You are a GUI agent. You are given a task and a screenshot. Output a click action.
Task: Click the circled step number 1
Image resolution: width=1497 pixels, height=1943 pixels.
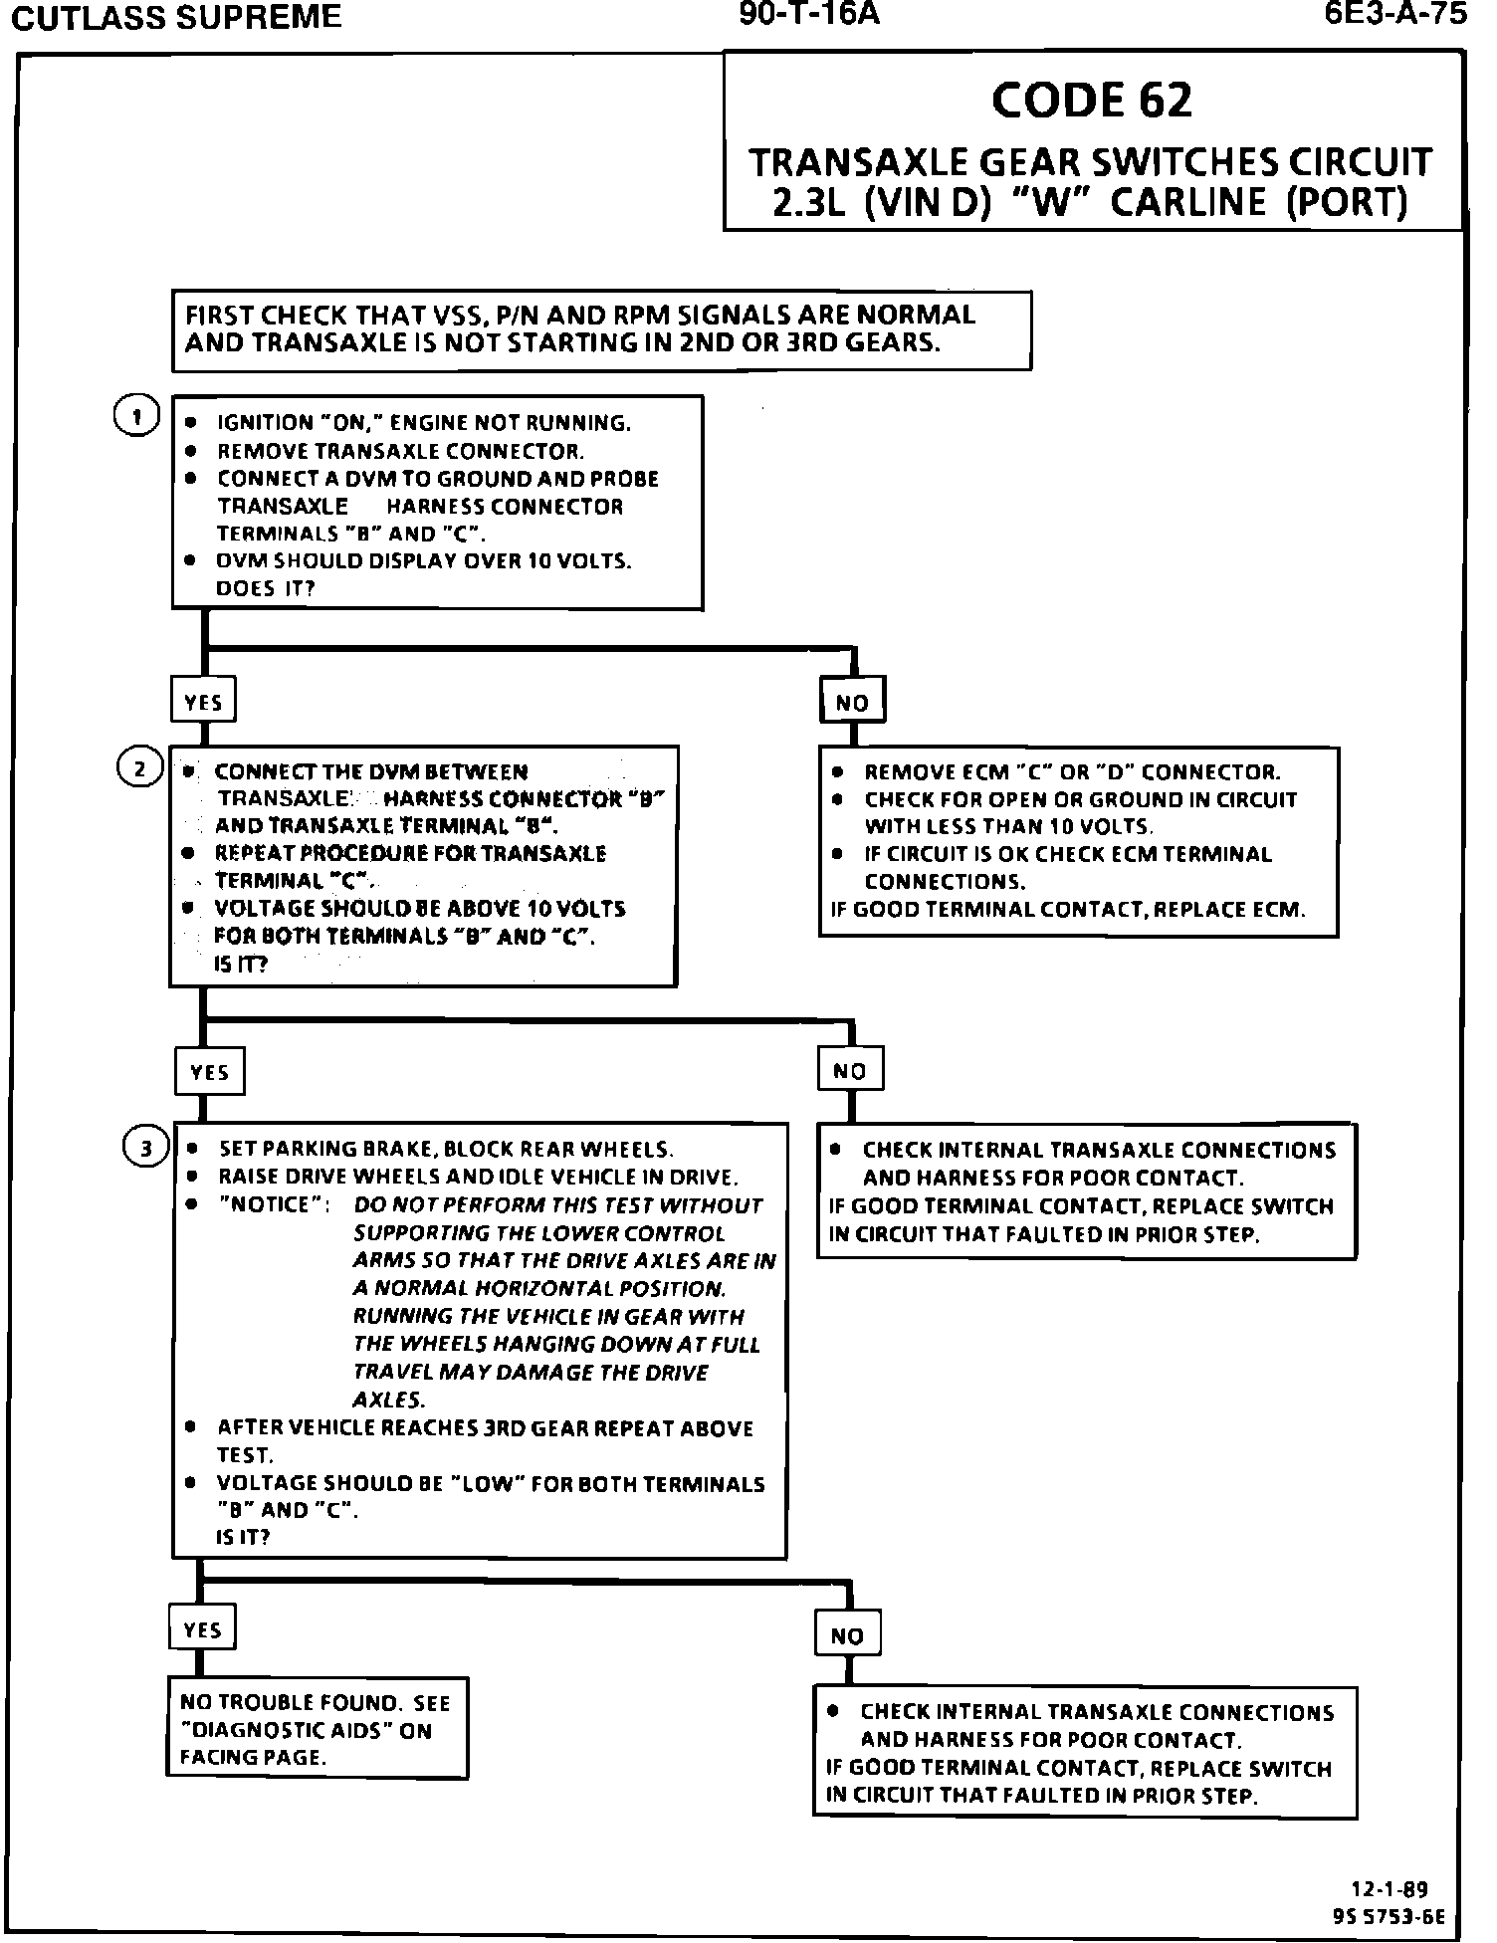tap(137, 417)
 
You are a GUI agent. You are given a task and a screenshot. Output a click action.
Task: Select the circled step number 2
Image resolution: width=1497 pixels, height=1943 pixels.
tap(139, 768)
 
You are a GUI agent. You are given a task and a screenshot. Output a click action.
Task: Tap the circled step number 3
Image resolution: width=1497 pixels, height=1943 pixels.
tap(145, 1149)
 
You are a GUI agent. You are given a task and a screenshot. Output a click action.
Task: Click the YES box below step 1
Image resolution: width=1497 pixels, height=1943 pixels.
tap(203, 702)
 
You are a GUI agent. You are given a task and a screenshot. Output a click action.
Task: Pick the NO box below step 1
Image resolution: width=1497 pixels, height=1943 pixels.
tap(851, 702)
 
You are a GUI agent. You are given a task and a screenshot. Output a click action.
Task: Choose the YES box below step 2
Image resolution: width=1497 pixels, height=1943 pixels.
tap(209, 1072)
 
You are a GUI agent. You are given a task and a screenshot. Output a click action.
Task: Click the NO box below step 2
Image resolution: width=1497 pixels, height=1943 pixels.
tap(849, 1071)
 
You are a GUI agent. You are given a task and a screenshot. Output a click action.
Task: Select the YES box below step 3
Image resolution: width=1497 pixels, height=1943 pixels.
tap(202, 1628)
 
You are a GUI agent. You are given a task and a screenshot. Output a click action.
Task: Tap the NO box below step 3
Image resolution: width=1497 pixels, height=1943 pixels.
tap(847, 1635)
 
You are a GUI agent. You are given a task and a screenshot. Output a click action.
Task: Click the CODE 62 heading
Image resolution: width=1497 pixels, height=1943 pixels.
tap(1091, 100)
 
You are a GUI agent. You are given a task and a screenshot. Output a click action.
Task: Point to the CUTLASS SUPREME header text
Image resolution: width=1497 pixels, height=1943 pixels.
tap(175, 17)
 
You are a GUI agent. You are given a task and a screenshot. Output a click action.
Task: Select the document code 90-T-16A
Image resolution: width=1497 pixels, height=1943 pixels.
tap(809, 14)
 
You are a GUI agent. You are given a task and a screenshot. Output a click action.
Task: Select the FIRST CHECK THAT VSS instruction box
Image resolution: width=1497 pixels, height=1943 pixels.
tap(601, 329)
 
